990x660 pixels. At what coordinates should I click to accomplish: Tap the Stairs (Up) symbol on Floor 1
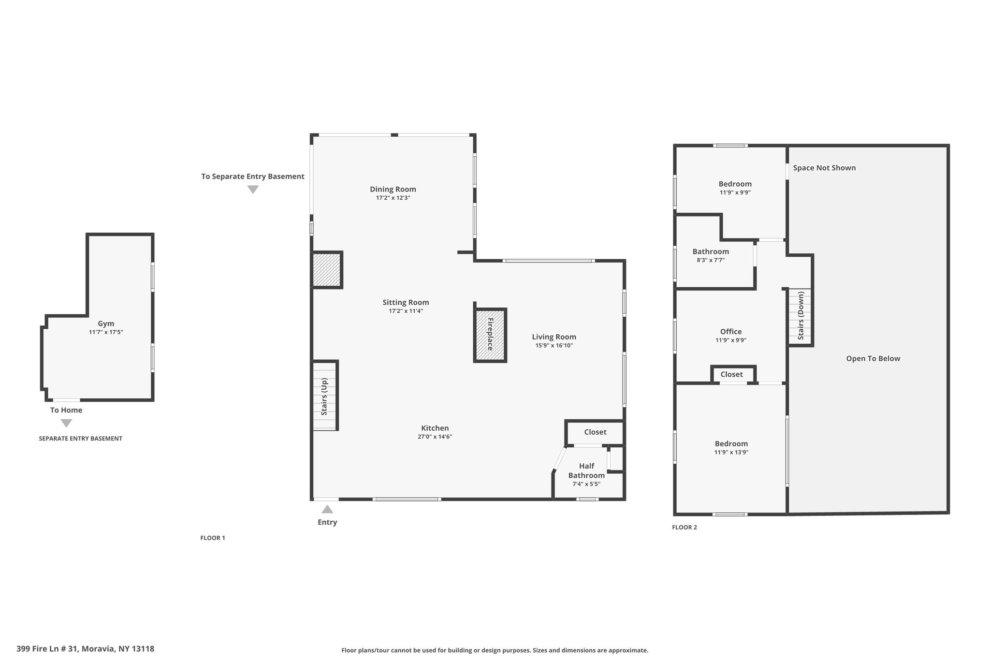click(x=325, y=396)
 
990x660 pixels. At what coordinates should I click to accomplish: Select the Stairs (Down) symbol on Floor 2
click(x=801, y=317)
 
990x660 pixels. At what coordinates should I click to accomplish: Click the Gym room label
click(x=106, y=323)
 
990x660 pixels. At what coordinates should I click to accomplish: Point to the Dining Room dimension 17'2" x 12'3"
click(x=393, y=198)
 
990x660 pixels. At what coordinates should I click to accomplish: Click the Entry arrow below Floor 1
click(x=327, y=509)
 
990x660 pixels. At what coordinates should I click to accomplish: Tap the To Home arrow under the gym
click(x=66, y=423)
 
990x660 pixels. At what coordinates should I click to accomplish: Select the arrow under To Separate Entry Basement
click(x=253, y=190)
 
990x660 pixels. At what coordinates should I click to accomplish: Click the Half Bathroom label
click(x=586, y=470)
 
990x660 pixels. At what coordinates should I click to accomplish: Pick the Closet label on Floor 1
click(x=595, y=432)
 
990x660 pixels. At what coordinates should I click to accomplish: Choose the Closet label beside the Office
click(x=731, y=374)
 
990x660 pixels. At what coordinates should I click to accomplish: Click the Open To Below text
click(x=873, y=358)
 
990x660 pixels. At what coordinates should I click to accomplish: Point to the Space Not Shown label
click(x=824, y=168)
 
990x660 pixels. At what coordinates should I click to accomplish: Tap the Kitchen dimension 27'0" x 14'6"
click(x=435, y=437)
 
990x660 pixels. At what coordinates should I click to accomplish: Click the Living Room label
click(x=554, y=337)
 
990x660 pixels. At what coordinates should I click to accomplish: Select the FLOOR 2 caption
click(x=684, y=527)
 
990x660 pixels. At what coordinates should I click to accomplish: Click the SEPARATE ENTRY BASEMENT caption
click(x=80, y=439)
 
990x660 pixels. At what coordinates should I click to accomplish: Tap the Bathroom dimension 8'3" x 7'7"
click(x=711, y=260)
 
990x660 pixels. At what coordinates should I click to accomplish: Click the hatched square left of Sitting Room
click(x=327, y=270)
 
